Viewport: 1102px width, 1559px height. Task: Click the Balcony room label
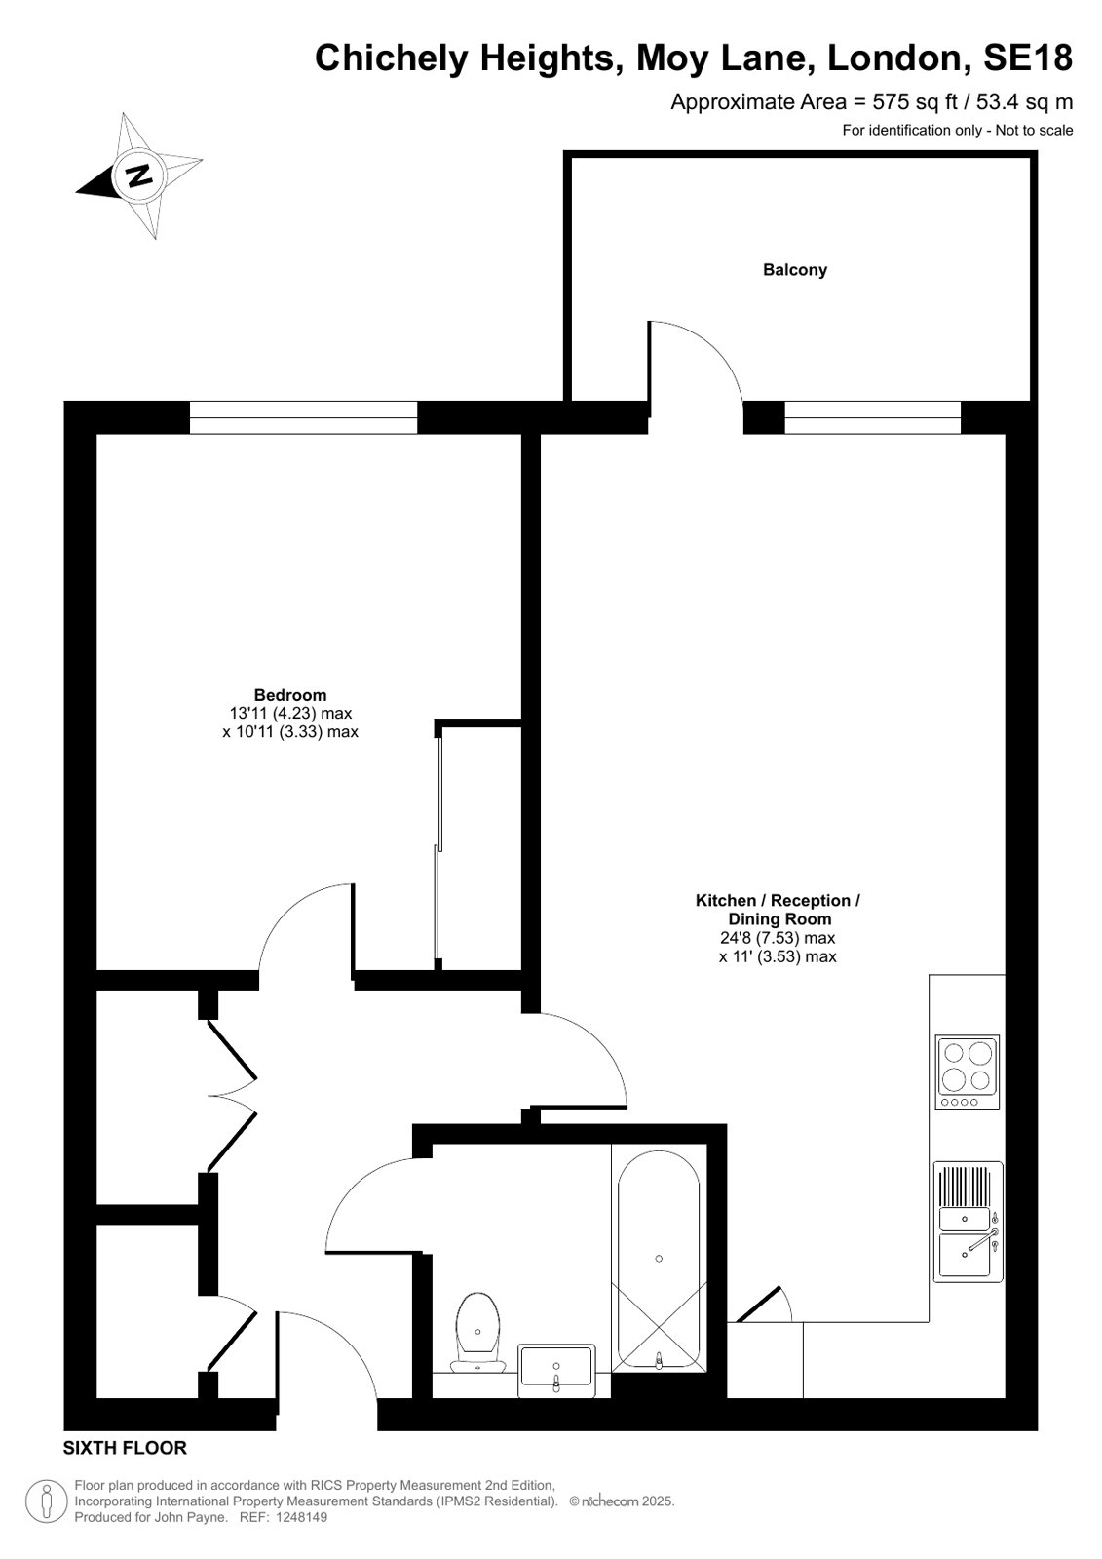point(794,270)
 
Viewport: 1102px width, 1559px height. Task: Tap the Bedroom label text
point(290,694)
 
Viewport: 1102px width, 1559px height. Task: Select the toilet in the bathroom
point(477,1332)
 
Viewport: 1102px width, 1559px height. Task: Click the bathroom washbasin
point(556,1370)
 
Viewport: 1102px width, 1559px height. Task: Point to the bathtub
point(659,1260)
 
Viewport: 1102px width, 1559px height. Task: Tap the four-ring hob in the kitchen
point(967,1072)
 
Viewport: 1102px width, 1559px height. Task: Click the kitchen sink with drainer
point(968,1222)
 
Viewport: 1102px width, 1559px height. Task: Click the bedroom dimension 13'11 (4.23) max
point(290,714)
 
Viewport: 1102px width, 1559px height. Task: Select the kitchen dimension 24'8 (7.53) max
point(778,938)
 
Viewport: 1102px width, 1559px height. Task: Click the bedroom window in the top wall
point(303,417)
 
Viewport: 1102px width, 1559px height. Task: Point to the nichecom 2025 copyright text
point(622,1501)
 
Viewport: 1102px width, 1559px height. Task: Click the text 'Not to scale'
point(1034,130)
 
